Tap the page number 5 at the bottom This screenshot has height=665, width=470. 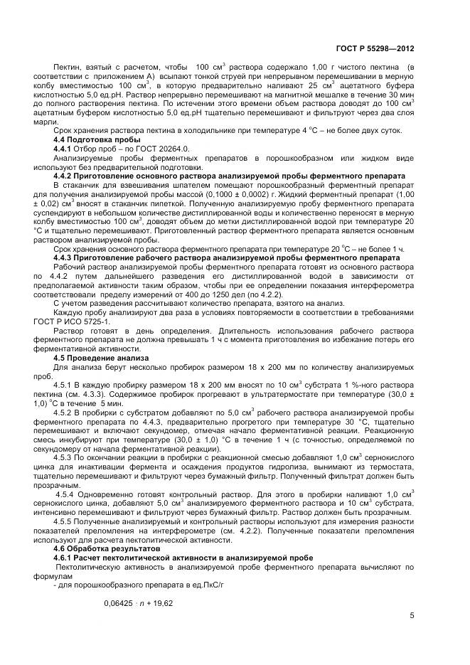point(412,617)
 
